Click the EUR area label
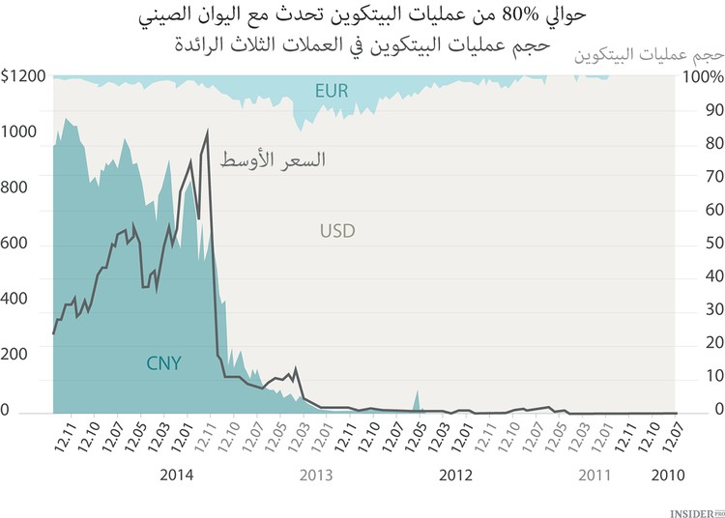[331, 92]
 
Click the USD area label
[337, 231]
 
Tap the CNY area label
[164, 363]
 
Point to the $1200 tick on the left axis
[21, 76]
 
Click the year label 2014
[177, 475]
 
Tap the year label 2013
[316, 475]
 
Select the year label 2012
[456, 475]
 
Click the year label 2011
[594, 475]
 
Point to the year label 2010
[669, 475]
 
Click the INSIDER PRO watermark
[695, 507]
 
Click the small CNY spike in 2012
[417, 398]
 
